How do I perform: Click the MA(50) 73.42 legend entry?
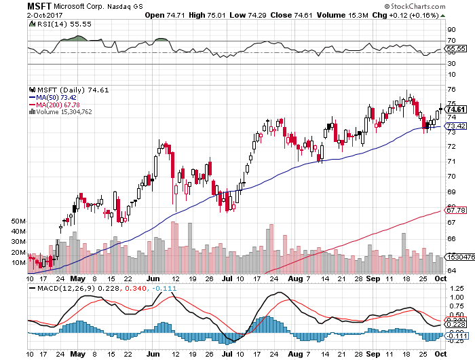pyautogui.click(x=58, y=97)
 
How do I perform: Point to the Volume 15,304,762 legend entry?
pyautogui.click(x=66, y=112)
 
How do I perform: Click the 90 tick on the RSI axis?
pyautogui.click(x=451, y=30)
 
